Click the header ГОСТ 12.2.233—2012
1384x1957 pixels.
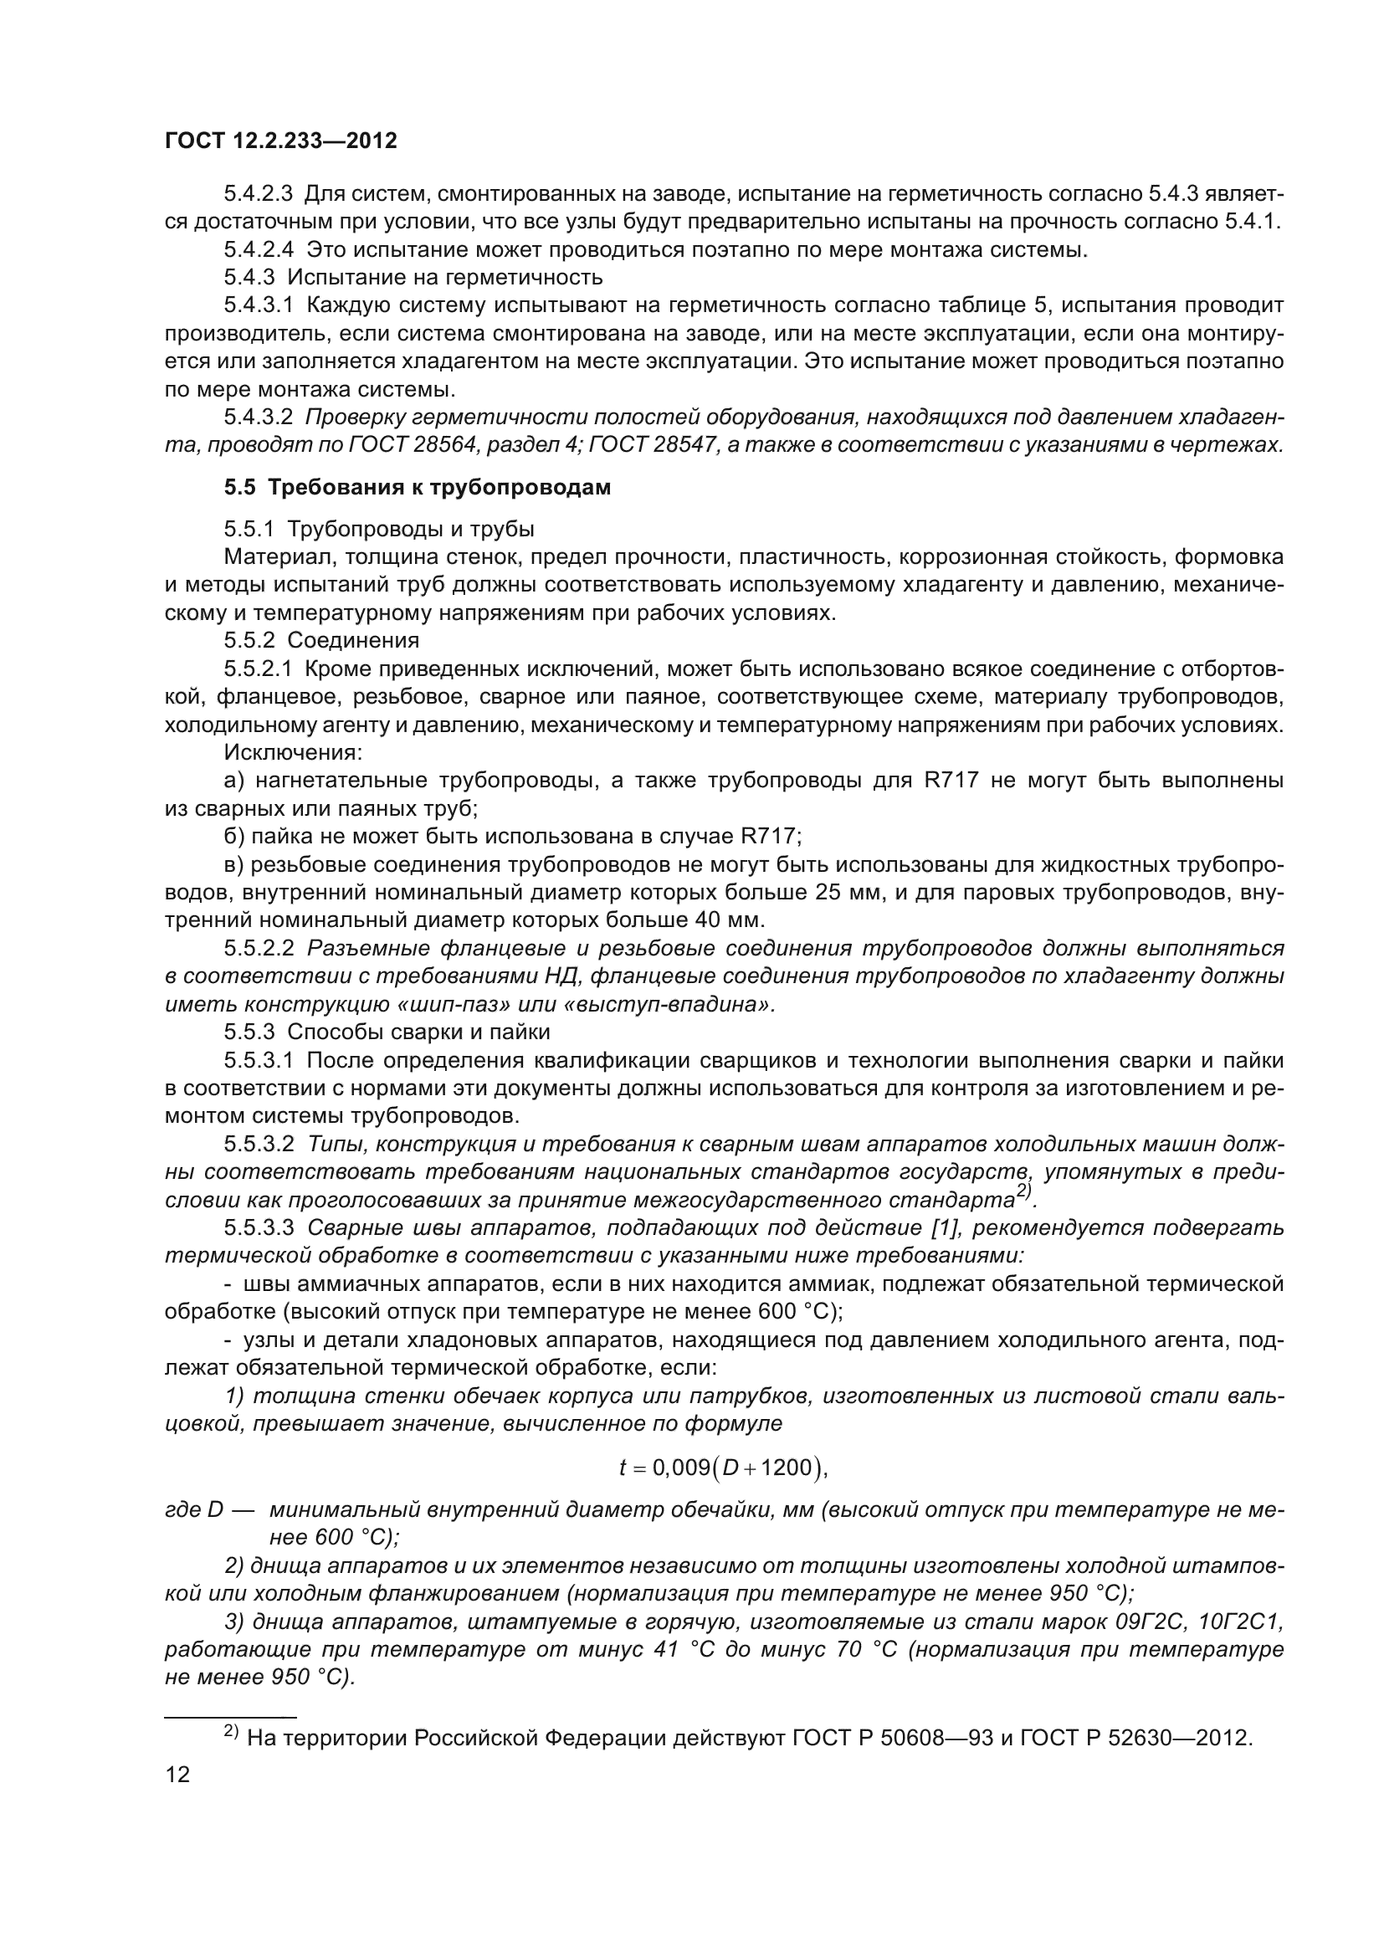pos(280,141)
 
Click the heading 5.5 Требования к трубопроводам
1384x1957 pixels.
pos(418,488)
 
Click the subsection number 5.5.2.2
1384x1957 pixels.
pos(259,949)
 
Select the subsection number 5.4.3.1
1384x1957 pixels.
pos(259,305)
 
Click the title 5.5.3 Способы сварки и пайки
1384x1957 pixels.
pos(387,1032)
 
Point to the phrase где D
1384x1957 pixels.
pos(193,1509)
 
